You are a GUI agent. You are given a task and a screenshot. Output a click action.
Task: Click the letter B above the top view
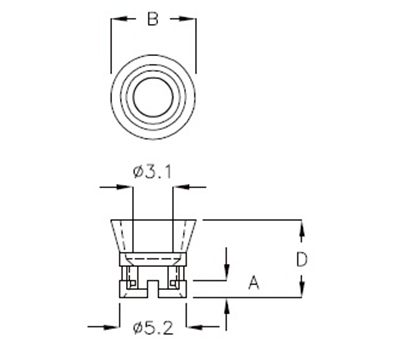152,19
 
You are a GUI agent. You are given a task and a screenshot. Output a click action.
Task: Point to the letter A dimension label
254,284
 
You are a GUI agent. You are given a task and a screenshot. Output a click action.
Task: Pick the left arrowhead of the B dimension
114,19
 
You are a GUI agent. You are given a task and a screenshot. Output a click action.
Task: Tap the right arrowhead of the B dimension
190,19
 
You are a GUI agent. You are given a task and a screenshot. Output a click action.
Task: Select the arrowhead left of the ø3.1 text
122,186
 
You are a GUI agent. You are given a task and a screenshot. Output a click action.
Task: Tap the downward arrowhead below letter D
302,292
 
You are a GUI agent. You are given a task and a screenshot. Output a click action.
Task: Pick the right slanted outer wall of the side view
193,237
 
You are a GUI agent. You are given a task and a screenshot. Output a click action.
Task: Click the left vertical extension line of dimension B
107,45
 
